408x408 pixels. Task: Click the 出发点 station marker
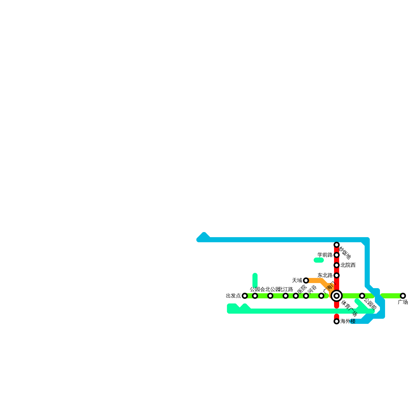[245, 296]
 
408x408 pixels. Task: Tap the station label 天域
[297, 280]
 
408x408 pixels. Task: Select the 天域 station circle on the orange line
[306, 280]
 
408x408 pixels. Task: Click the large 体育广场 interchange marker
[337, 296]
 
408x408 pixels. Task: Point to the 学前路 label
[325, 255]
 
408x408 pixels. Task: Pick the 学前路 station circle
[337, 255]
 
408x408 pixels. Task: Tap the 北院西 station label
[348, 265]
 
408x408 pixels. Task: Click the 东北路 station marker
[337, 275]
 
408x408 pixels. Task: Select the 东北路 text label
[325, 275]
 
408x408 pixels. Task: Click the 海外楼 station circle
[337, 321]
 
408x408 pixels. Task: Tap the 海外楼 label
[348, 321]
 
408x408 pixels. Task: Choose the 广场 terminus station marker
[403, 296]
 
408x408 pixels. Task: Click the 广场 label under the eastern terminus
[403, 302]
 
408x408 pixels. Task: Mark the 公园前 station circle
[362, 296]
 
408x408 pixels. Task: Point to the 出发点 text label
[233, 296]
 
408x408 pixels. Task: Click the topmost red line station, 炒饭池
[337, 245]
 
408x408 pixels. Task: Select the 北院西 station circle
[337, 265]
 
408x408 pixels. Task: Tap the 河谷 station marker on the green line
[306, 296]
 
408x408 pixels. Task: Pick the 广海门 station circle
[321, 296]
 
